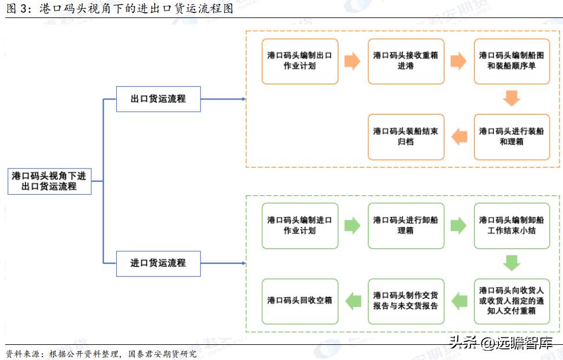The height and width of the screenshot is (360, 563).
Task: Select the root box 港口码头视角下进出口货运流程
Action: click(x=49, y=181)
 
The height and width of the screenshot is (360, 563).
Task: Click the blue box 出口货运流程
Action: click(x=158, y=99)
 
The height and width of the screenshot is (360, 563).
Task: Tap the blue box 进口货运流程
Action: click(x=158, y=263)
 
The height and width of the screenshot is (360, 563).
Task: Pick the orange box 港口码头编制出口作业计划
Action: click(x=300, y=61)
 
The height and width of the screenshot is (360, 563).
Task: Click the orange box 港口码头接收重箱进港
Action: click(x=405, y=61)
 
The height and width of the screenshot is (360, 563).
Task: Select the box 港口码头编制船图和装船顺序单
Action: click(x=511, y=61)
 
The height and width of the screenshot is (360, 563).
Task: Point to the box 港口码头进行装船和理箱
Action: click(x=511, y=137)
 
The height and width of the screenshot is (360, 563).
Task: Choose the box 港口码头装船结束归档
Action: click(x=405, y=137)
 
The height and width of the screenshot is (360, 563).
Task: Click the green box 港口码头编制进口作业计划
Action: click(x=300, y=225)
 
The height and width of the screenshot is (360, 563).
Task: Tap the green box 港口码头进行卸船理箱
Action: click(x=405, y=225)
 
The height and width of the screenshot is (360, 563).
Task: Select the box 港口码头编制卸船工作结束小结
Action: click(x=511, y=225)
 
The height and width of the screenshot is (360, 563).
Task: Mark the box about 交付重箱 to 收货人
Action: click(x=511, y=301)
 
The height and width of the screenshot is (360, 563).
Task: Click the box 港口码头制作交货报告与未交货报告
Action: click(x=405, y=301)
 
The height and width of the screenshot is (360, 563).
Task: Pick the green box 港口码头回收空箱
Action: click(x=300, y=301)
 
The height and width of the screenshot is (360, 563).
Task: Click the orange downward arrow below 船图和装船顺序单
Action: click(x=511, y=98)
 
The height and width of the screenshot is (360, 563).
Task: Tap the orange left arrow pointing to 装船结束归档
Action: click(x=459, y=137)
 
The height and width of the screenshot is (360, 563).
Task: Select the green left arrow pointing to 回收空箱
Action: click(x=353, y=301)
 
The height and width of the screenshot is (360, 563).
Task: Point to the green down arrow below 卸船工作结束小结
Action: click(x=511, y=263)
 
